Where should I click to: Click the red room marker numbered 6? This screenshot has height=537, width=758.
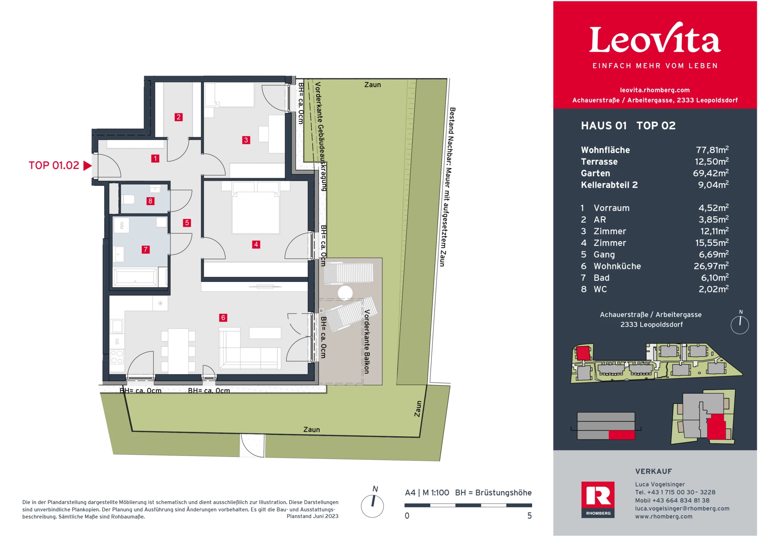coord(223,317)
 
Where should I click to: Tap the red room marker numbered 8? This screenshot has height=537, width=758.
coord(150,201)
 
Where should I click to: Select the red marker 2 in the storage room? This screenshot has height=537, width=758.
coord(178,117)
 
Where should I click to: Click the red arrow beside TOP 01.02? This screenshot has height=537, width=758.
coord(87,165)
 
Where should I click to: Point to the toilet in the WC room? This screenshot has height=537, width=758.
coord(128,199)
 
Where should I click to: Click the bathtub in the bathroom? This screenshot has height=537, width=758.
coord(135,277)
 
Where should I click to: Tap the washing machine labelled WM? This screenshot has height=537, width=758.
coord(122,225)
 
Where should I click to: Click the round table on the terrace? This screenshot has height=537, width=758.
coord(345,293)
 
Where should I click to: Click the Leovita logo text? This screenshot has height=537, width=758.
coord(655,39)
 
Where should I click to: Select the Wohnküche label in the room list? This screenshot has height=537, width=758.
coord(617,266)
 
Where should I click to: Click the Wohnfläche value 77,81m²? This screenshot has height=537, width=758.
coord(712,150)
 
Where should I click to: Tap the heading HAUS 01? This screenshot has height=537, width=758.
coord(604,126)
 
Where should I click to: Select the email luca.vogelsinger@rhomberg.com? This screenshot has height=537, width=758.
coord(682,509)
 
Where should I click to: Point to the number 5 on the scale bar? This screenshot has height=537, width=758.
coord(529,516)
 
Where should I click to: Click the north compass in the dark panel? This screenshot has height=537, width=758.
coord(739,324)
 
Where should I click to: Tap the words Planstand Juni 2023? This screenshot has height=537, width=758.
coord(312,516)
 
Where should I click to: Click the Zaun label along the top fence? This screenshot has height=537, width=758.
coord(372,84)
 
